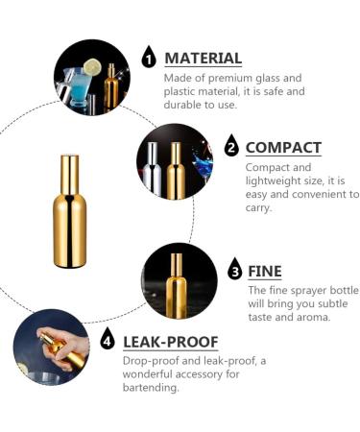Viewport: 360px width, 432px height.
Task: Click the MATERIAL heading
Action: (x=203, y=58)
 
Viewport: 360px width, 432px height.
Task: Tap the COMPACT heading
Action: (x=283, y=147)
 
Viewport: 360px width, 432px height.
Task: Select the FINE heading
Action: (x=265, y=271)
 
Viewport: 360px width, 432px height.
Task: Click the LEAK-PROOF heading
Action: (x=170, y=341)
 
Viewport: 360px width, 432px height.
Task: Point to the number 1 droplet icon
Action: (x=149, y=58)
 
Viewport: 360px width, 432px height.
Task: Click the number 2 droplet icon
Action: (x=230, y=147)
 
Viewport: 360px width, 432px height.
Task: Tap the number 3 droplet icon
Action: (x=234, y=271)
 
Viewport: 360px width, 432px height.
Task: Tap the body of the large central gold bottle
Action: (x=70, y=230)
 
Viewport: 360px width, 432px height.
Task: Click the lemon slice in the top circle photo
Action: (x=92, y=66)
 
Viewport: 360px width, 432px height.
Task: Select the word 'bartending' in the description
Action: (x=152, y=389)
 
